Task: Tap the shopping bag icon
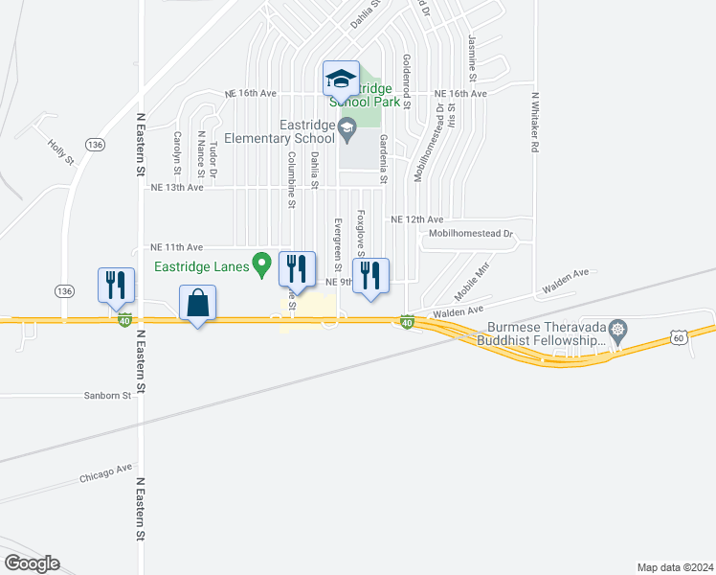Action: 197,304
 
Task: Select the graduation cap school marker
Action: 340,79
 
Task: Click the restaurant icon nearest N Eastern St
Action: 116,286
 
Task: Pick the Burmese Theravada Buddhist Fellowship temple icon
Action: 618,331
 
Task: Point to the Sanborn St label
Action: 106,395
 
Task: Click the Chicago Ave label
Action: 105,472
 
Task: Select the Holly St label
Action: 60,151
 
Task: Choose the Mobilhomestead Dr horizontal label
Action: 471,233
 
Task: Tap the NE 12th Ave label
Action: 416,219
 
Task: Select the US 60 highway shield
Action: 678,337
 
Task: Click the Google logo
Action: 32,563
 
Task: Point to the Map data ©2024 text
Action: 674,567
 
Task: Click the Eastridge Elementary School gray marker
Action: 347,126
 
